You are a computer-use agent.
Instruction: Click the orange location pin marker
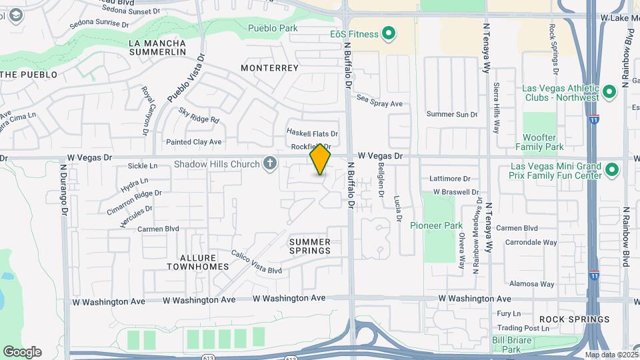(x=320, y=159)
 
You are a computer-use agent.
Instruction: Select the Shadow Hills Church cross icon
(x=269, y=164)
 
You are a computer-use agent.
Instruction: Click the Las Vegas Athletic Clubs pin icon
(x=608, y=93)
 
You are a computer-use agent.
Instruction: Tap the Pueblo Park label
(x=273, y=28)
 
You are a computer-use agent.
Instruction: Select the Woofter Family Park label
(x=539, y=142)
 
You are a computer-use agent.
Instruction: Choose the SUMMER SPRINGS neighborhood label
(x=310, y=246)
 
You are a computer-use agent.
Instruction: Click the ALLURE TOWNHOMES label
(x=197, y=262)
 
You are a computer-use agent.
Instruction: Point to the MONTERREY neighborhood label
(x=269, y=68)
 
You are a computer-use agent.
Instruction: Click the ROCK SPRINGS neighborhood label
(x=565, y=319)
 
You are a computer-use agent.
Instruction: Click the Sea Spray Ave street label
(x=380, y=104)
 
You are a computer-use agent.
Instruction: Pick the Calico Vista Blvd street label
(x=257, y=262)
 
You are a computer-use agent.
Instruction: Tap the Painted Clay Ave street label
(x=193, y=142)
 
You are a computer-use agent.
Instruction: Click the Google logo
(x=22, y=351)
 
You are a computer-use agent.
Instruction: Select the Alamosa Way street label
(x=529, y=284)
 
